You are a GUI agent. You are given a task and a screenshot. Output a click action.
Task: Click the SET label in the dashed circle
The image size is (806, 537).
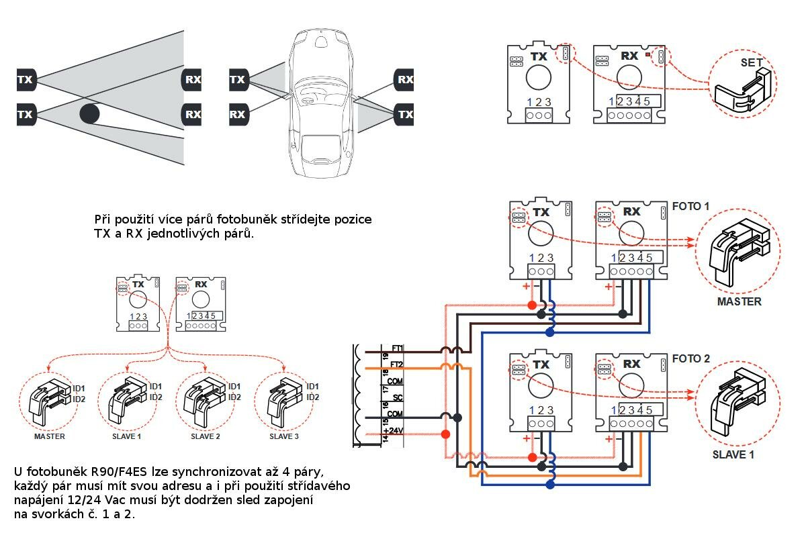coord(752,62)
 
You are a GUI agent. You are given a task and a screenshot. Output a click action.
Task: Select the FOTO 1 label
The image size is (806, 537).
coord(691,206)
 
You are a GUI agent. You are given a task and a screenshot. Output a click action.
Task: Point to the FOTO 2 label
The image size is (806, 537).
coord(691,359)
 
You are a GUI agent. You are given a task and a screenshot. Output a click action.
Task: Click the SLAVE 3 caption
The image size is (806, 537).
coord(284,437)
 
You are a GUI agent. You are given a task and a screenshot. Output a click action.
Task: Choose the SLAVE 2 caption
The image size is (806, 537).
coord(206,437)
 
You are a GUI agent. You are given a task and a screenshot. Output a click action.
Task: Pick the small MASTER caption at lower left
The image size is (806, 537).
coord(50,437)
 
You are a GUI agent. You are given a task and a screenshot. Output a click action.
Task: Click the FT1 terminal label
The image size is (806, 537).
coord(397,348)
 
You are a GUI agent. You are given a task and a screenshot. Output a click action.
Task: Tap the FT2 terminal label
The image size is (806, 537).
coord(397,365)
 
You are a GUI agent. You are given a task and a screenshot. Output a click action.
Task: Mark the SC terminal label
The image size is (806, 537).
coord(398,398)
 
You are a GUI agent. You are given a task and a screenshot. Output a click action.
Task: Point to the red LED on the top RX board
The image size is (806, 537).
coord(647,54)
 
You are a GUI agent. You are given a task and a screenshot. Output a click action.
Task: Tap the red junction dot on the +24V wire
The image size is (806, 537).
coord(445,434)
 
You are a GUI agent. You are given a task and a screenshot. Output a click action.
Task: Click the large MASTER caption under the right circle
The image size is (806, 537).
coord(739,302)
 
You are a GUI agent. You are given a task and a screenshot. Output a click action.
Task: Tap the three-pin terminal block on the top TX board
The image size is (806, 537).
coord(539,115)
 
